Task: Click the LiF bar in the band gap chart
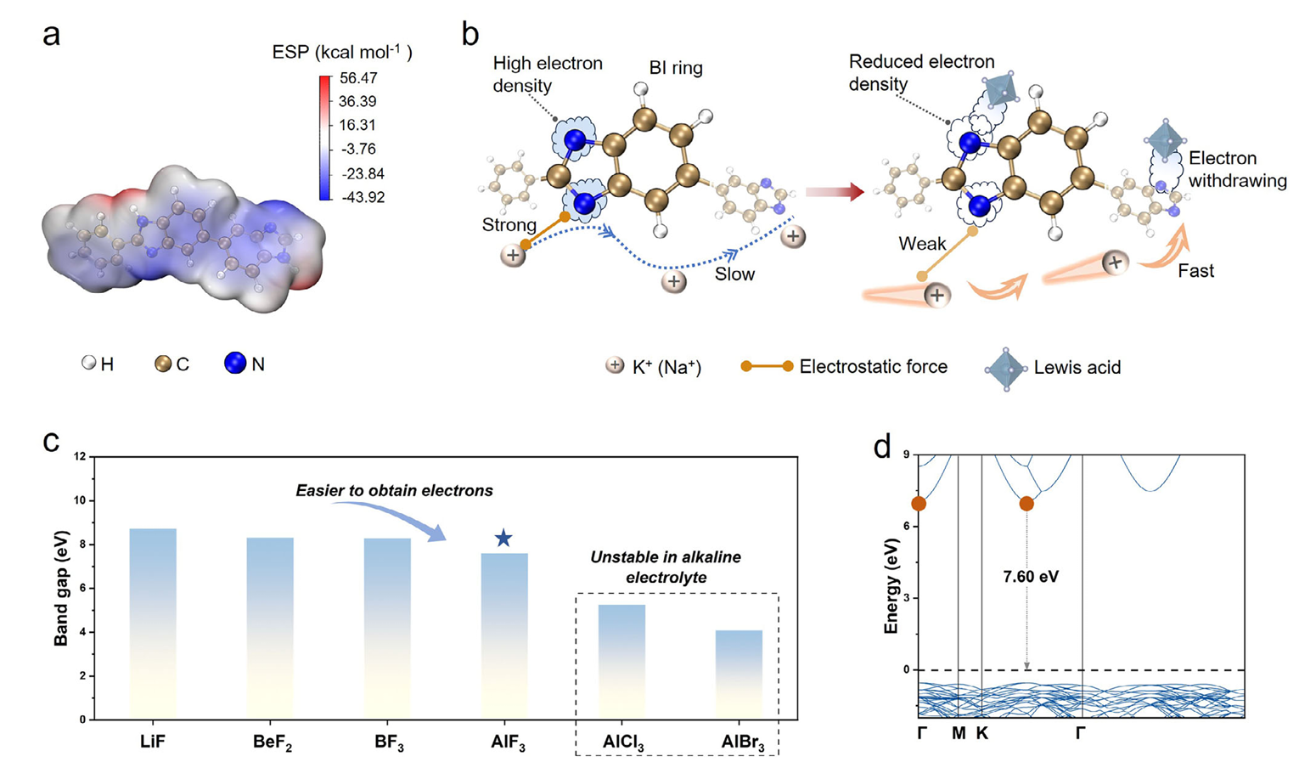pos(153,624)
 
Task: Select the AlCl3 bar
pos(621,662)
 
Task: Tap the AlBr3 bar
pos(739,675)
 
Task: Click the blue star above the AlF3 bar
pos(503,538)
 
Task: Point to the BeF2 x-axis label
pos(271,742)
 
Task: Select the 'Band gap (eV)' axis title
pos(61,588)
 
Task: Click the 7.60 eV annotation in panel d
pos(1031,577)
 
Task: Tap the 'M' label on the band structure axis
pos(959,733)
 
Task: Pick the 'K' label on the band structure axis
pos(982,733)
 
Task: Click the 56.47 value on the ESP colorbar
pos(357,78)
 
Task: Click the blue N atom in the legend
pos(235,364)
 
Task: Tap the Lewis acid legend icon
pos(1005,368)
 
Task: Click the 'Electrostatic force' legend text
pos(873,367)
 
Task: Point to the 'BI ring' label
pos(676,68)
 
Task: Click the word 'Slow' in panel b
pos(734,274)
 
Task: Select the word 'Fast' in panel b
pos(1195,271)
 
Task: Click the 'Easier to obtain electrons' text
pos(394,491)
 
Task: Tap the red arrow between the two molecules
pos(834,192)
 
